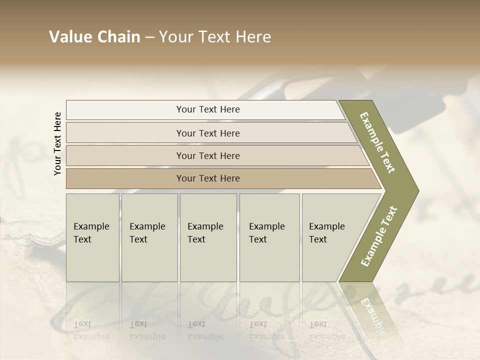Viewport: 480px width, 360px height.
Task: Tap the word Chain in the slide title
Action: tap(118, 37)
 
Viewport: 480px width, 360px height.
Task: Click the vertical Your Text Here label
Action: tap(57, 143)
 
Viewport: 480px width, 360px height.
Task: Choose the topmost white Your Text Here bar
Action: tap(208, 109)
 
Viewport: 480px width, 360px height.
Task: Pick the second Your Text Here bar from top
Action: tap(208, 133)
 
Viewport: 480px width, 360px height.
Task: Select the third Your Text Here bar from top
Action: tap(208, 155)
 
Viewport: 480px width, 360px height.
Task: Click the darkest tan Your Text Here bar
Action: tap(208, 178)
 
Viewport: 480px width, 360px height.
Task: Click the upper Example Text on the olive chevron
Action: tap(377, 142)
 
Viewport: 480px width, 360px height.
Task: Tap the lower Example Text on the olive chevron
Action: tap(378, 236)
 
